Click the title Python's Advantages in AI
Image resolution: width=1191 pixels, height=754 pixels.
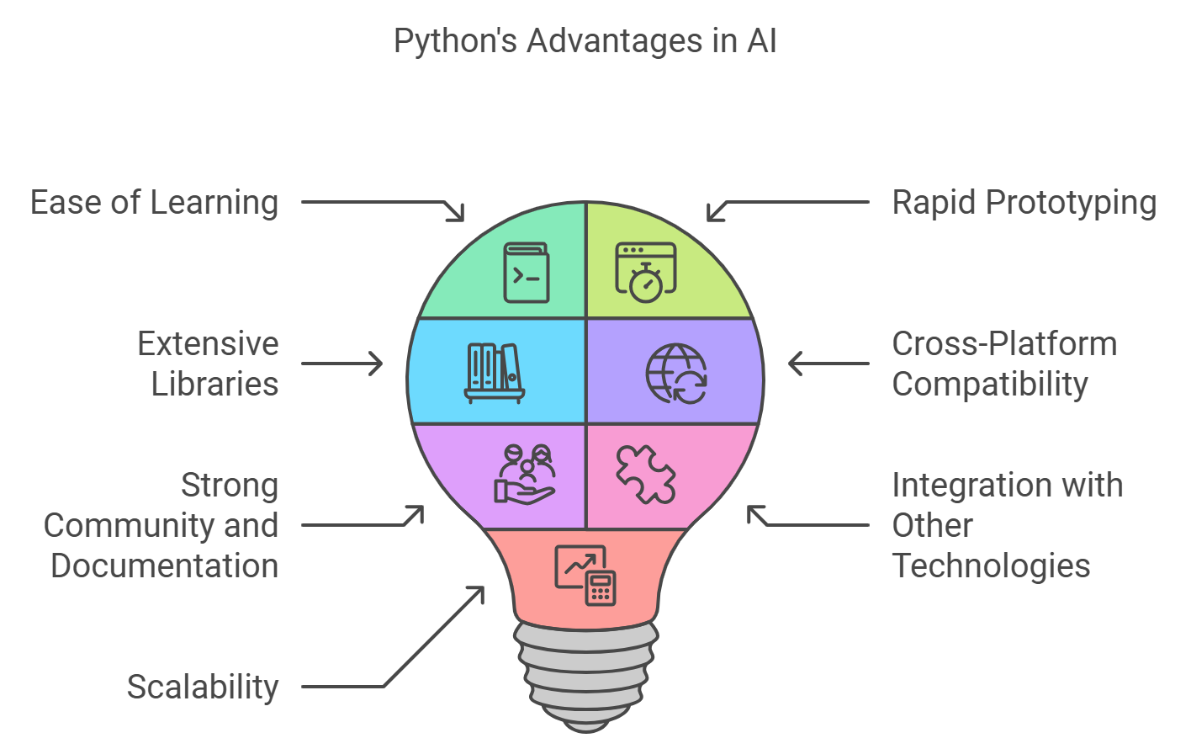(585, 41)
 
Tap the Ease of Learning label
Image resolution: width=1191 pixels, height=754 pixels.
(154, 203)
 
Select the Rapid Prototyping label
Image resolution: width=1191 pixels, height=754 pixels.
(1024, 203)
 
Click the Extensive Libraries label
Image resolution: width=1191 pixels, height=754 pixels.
(208, 364)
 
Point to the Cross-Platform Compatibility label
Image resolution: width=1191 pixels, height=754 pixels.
(1003, 364)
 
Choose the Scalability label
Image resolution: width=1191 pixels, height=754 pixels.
(202, 687)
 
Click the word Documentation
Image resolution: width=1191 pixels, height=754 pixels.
(164, 565)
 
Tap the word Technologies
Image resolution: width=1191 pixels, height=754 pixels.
(991, 565)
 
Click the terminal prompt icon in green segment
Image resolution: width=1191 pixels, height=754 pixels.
(527, 273)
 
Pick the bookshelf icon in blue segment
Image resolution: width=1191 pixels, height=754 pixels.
(495, 372)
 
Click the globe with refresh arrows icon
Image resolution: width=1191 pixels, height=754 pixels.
(677, 374)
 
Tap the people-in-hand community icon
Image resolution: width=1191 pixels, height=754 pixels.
(524, 475)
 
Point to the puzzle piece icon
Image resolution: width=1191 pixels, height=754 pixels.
(645, 475)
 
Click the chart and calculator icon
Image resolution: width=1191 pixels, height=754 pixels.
(585, 575)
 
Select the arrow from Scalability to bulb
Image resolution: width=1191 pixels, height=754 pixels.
(395, 673)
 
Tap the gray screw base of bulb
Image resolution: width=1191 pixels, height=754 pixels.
(585, 673)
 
